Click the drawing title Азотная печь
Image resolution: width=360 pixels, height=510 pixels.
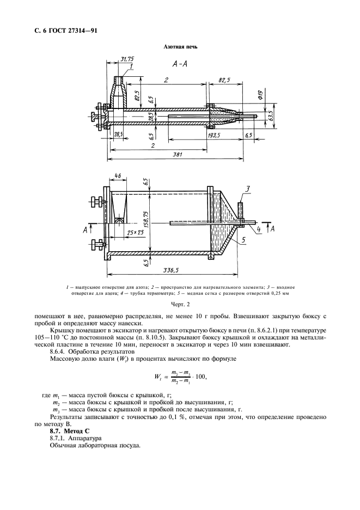click(x=180, y=47)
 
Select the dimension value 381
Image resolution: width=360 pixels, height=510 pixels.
click(x=176, y=155)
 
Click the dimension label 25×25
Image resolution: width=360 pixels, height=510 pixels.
click(x=130, y=232)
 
